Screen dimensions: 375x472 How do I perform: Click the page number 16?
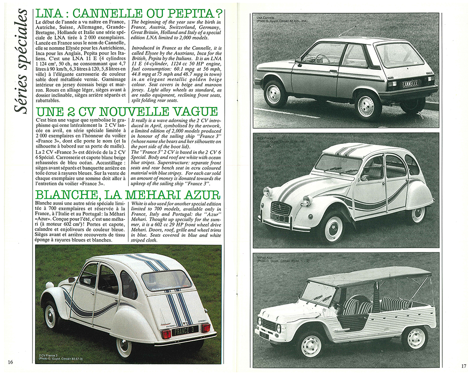click(10, 362)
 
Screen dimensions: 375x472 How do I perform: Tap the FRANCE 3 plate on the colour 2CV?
click(185, 330)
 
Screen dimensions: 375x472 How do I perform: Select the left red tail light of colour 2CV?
click(165, 333)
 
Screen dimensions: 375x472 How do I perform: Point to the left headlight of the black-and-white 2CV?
click(267, 192)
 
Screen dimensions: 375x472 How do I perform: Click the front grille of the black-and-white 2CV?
click(282, 208)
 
